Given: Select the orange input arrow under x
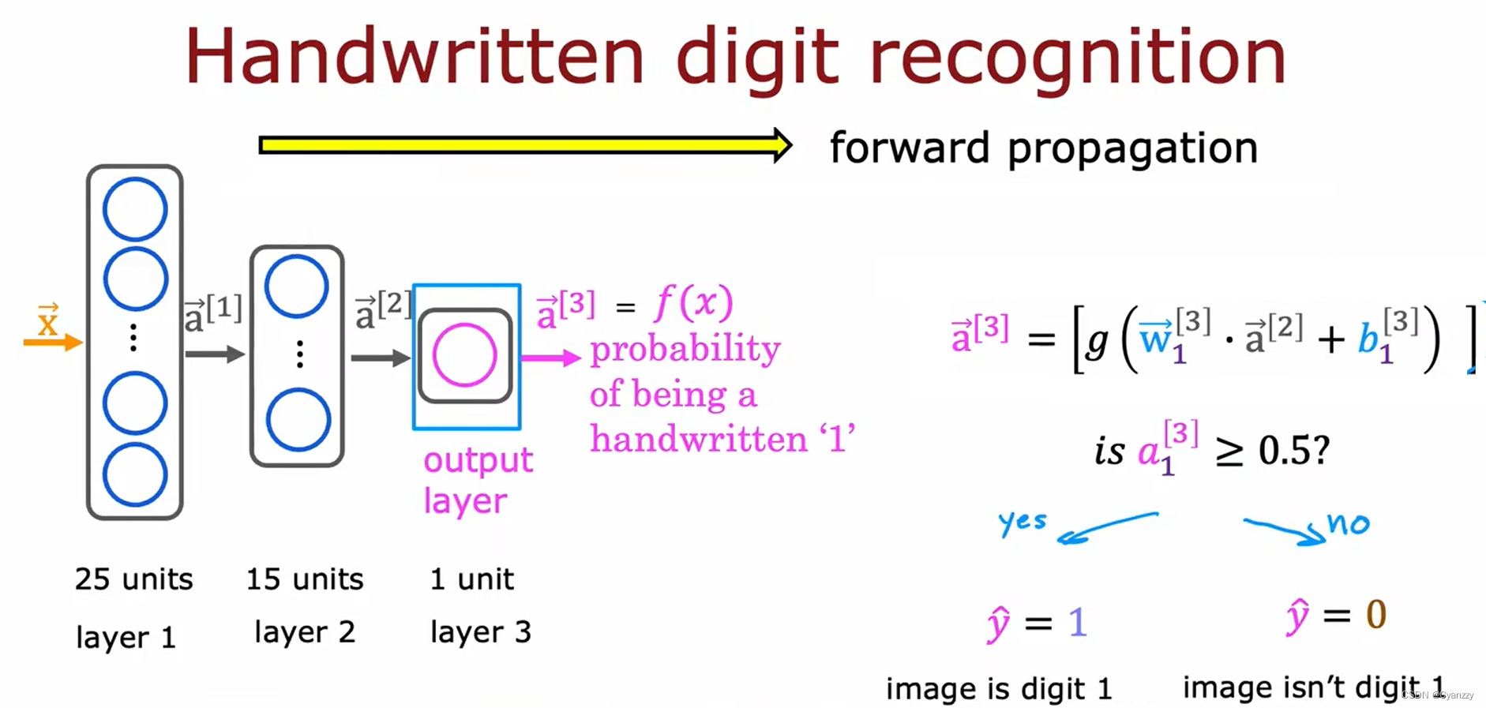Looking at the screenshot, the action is (x=52, y=342).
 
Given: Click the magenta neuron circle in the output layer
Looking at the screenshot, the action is (x=464, y=355).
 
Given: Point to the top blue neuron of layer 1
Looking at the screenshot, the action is (x=134, y=209).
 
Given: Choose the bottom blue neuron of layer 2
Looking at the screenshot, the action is (x=298, y=420).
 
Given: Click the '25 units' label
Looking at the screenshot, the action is (x=133, y=579).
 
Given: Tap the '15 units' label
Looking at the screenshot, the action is (x=304, y=579).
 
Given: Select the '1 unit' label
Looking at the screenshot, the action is (x=471, y=579).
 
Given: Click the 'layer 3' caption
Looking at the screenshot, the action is (x=480, y=631).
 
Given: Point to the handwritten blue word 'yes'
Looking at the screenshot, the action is (x=1022, y=522).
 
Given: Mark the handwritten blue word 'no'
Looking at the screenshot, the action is (x=1349, y=523).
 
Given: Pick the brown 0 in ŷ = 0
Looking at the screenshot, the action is (x=1375, y=614).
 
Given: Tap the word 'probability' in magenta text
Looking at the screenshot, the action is (x=685, y=349).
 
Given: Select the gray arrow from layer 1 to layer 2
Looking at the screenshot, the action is (x=215, y=354).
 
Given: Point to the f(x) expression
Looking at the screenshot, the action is (x=693, y=303).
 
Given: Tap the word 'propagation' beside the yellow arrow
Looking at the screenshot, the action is (x=1132, y=148).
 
